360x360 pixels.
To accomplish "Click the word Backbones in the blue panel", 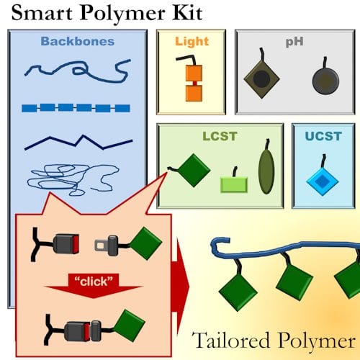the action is click(x=77, y=41).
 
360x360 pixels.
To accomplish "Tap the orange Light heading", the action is click(x=192, y=42).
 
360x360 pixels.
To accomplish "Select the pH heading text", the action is click(x=294, y=42).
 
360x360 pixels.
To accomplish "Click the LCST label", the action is click(x=220, y=136).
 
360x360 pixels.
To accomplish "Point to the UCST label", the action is click(x=323, y=136).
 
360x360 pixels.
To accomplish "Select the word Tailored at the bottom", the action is click(x=232, y=340).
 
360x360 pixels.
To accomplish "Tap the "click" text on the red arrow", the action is click(x=94, y=282).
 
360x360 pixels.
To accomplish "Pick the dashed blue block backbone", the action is click(x=76, y=108).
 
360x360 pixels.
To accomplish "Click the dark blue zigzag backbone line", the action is click(x=76, y=145).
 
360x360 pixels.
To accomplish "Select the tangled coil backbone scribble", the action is click(x=72, y=179).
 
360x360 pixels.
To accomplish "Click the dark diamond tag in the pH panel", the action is click(x=261, y=78).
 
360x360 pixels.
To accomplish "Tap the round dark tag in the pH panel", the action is click(x=325, y=81).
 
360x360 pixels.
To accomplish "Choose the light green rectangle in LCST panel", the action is click(x=234, y=185).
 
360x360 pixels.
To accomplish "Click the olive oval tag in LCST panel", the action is click(x=266, y=171).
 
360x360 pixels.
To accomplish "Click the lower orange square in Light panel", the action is click(x=194, y=94).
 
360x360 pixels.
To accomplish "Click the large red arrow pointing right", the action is click(x=180, y=287).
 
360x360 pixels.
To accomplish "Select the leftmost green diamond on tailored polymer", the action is click(x=238, y=292).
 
